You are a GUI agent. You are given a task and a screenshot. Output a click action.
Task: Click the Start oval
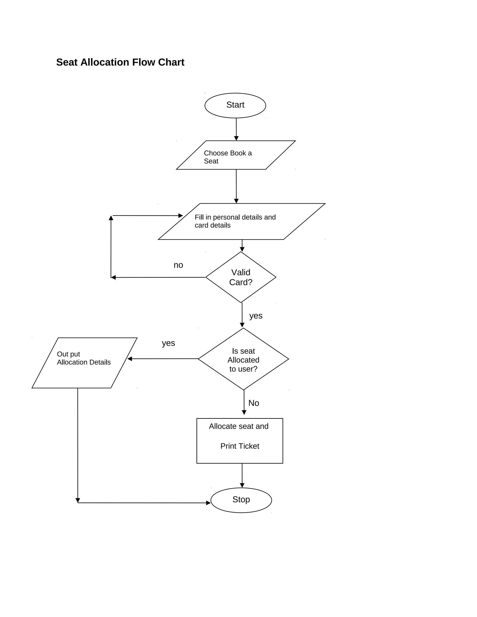coord(235,105)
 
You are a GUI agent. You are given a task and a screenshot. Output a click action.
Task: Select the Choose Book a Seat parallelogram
coord(236,155)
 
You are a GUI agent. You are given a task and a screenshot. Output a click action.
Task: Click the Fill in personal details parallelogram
coord(242,221)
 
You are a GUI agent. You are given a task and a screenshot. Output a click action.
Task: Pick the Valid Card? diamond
coord(241,277)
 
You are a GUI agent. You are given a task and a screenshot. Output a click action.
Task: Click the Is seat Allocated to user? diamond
coord(243,359)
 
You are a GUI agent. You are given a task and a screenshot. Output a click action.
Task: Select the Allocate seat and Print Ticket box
coord(240,441)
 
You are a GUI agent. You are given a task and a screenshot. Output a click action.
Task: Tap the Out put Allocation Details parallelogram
coord(84,363)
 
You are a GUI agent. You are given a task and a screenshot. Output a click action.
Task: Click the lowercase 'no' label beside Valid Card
coord(178,265)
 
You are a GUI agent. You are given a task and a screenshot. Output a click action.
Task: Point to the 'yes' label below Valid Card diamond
coord(256,315)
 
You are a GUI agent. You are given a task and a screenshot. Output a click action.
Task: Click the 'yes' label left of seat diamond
coord(168,343)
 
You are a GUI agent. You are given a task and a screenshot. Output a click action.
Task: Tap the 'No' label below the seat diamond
coord(253,403)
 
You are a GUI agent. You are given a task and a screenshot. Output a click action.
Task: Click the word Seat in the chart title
coord(67,62)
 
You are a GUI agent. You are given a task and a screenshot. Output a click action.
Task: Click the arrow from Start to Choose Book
coord(236,129)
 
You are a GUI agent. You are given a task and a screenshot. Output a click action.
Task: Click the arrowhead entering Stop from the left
coord(208,503)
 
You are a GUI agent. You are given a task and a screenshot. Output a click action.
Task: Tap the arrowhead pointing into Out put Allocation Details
coord(130,359)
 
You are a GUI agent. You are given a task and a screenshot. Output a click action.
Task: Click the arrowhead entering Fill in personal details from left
coord(181,216)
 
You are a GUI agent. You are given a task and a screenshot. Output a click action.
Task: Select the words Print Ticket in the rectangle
coord(240,446)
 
